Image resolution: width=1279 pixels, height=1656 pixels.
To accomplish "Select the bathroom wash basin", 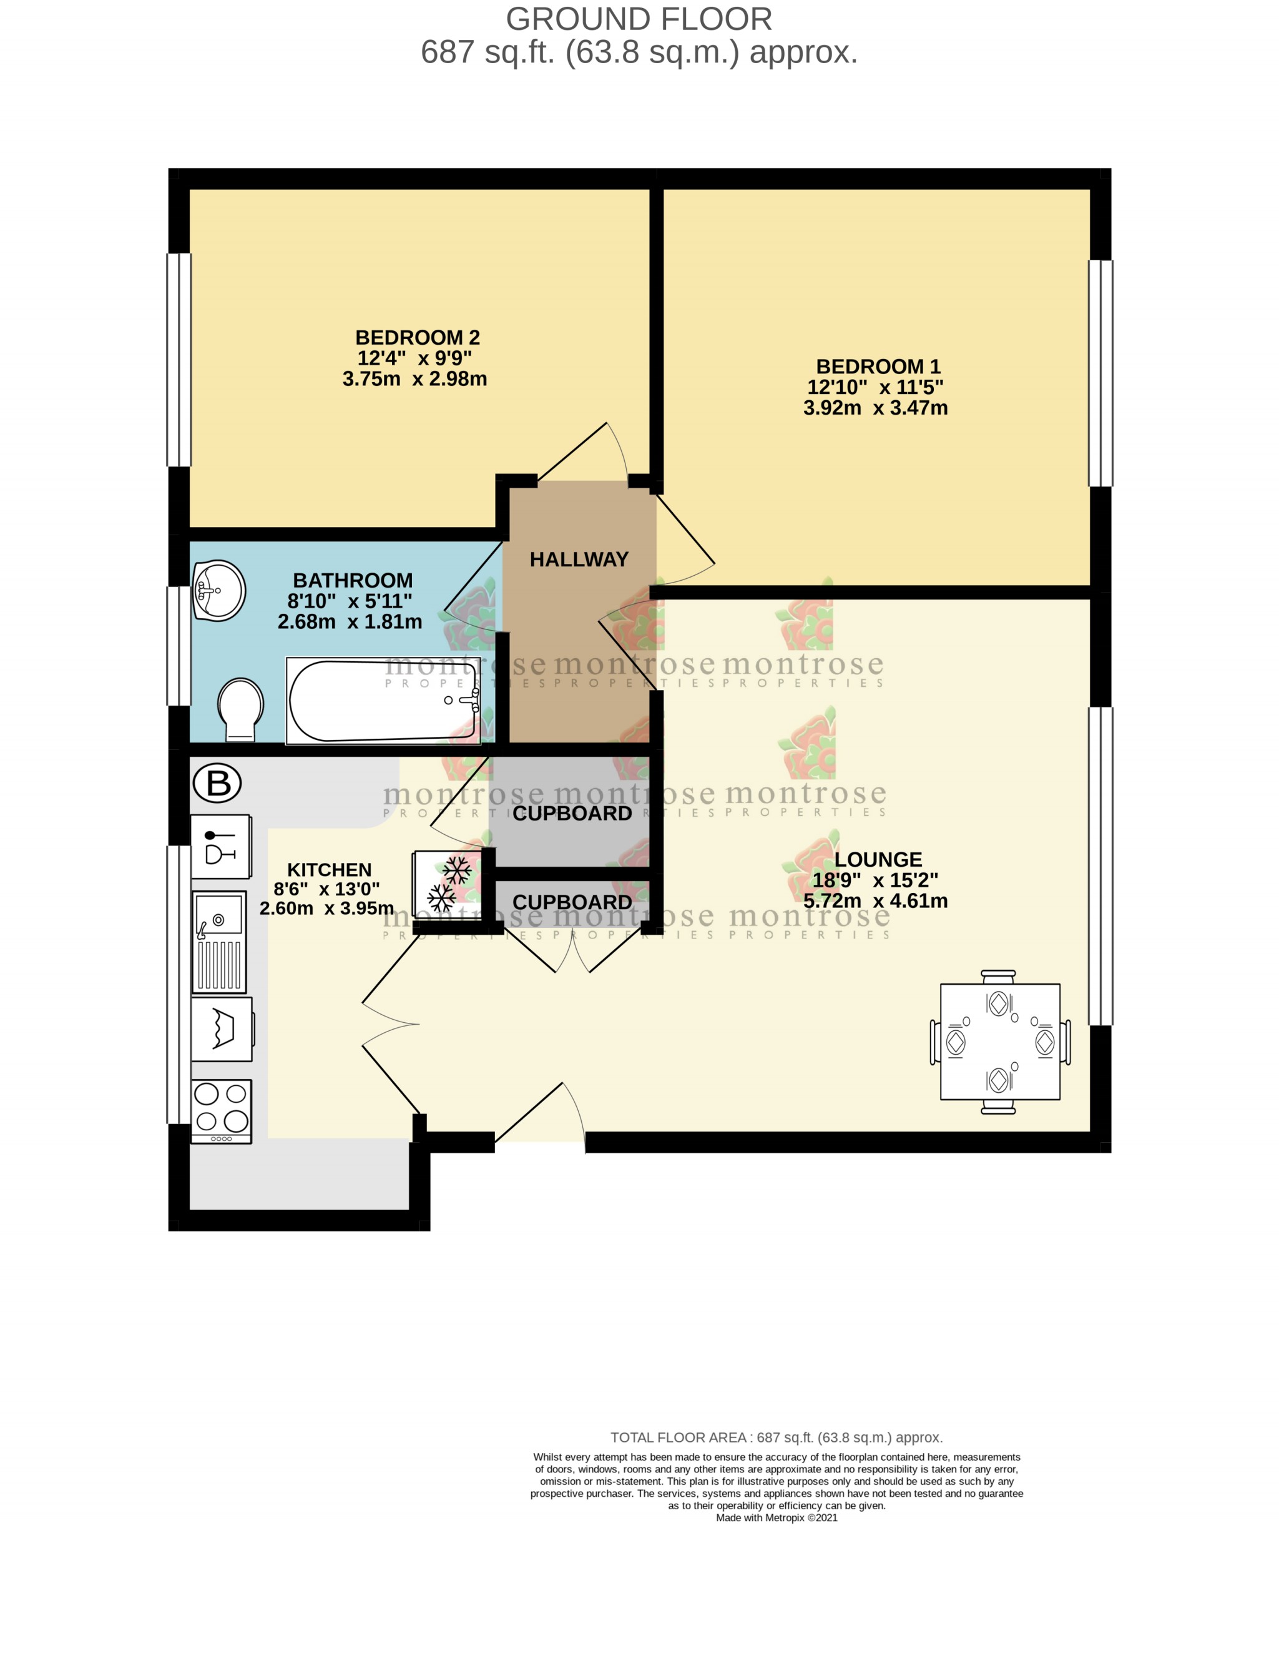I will pos(218,590).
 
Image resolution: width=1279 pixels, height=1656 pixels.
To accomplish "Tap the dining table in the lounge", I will pos(999,1041).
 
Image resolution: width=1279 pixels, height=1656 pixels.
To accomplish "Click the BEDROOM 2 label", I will pos(417,337).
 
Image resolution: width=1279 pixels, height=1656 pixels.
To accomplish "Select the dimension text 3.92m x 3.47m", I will pos(875,408).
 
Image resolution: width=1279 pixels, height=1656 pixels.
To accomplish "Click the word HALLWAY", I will pos(579,559).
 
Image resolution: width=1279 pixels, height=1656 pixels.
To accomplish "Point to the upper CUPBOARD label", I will pos(572,814).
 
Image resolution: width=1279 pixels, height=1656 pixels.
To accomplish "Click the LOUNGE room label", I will pos(878,859).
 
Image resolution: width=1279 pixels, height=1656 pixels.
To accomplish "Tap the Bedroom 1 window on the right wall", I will pos(1100,373).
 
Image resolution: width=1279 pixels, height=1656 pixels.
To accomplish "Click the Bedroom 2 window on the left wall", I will pos(179,360).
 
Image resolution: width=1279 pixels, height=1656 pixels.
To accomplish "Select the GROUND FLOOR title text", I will pos(639,19).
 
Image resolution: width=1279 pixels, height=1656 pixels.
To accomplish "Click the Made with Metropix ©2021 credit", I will pos(777,1517).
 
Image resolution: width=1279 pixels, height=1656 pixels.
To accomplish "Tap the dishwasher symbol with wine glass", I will pos(220,846).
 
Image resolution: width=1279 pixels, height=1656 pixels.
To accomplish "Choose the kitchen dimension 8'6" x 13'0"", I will pos(326,889).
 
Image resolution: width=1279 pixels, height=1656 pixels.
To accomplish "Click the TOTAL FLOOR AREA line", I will pos(777,1437).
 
